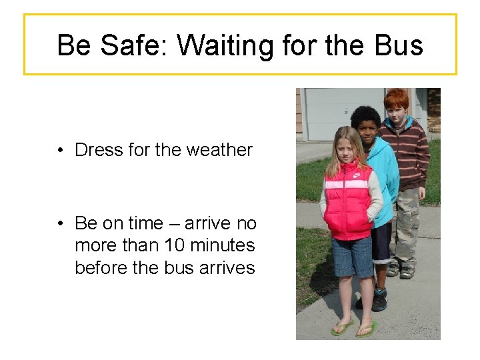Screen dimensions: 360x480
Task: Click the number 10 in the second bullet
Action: (175, 245)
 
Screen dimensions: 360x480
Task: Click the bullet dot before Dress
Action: (61, 151)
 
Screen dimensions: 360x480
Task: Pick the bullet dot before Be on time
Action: (61, 223)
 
